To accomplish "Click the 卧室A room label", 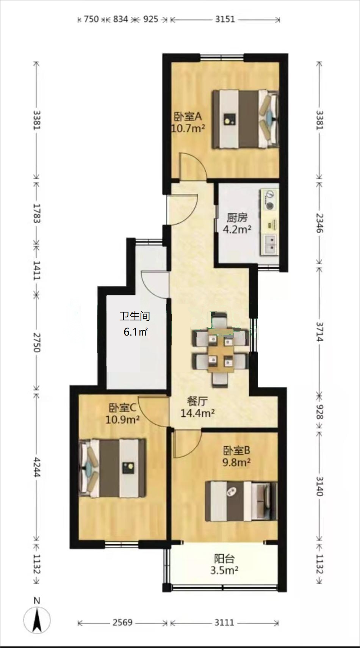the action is [188, 116].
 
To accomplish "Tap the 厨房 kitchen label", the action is [237, 218].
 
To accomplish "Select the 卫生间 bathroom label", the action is [135, 316].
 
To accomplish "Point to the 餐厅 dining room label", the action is [197, 401].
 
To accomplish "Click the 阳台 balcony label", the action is [224, 559].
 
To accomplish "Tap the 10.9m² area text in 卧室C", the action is [122, 419].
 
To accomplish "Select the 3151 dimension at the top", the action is [225, 19].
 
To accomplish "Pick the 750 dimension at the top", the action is [91, 19].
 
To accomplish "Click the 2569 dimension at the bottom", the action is [122, 622].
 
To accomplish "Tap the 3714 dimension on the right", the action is [319, 332].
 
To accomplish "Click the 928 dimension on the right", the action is [319, 412].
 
